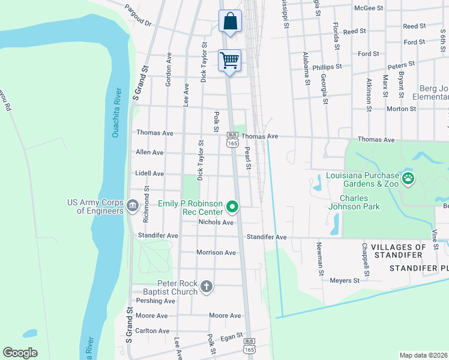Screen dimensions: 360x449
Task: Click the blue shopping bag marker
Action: [x=230, y=22]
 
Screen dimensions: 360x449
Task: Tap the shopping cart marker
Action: [x=230, y=61]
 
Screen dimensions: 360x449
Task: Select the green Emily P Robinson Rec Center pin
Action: [x=232, y=208]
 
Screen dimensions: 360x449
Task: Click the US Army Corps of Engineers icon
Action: [x=131, y=206]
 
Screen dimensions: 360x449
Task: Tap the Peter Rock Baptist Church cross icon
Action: [x=206, y=287]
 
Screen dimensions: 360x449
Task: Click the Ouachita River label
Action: [x=116, y=113]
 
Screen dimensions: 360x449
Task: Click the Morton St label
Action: [x=401, y=109]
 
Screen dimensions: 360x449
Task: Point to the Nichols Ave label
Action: [x=215, y=223]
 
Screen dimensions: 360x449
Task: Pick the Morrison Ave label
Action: [x=216, y=253]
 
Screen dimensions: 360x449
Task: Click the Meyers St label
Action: [x=344, y=280]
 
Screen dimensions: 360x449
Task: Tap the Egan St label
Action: [x=231, y=338]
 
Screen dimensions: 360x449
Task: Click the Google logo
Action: [x=20, y=353]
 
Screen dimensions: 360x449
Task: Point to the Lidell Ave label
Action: [x=149, y=173]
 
